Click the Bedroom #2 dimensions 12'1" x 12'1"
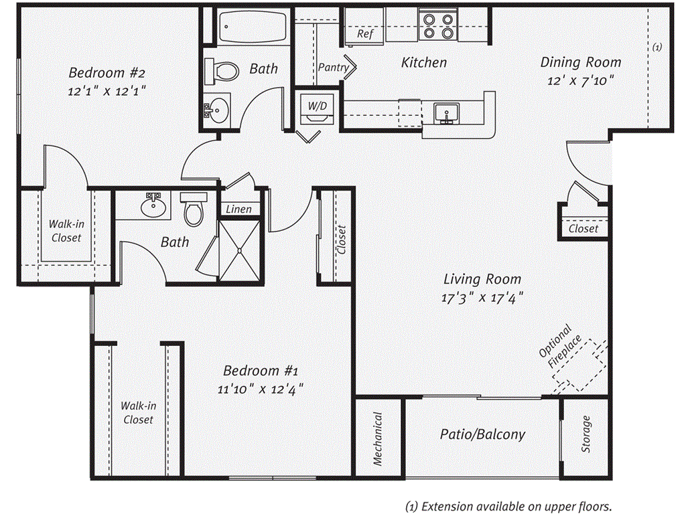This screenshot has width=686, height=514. (107, 90)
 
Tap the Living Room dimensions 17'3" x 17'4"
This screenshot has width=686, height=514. (481, 298)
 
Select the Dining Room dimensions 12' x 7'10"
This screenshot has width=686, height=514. (580, 80)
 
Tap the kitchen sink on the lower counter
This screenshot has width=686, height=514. (444, 113)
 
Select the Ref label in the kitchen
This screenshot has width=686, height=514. (365, 34)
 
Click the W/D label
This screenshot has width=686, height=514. (317, 105)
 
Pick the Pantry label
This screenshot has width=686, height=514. (333, 68)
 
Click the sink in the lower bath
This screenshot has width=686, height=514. (153, 205)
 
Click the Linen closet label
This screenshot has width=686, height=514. (238, 209)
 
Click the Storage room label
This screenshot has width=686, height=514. (586, 434)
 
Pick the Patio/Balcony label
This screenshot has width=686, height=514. (482, 434)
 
